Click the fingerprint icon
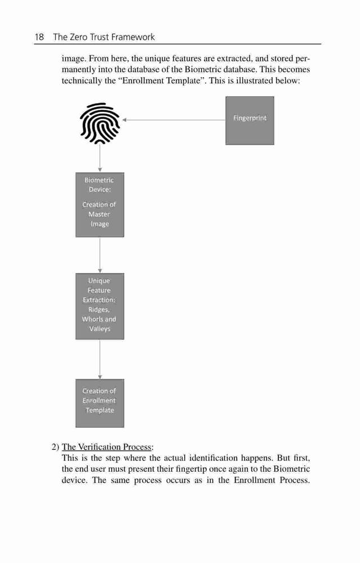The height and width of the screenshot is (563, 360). coord(100,123)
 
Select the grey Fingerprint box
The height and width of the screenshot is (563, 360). coord(250,120)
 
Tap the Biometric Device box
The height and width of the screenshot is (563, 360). coord(100,205)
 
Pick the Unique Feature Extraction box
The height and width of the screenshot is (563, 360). coord(100,306)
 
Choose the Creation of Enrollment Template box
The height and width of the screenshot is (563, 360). coord(100,403)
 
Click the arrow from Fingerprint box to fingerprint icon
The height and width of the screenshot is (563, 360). coord(174,120)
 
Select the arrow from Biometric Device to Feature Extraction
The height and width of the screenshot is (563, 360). coord(100,255)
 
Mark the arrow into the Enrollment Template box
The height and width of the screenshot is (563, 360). coord(100,359)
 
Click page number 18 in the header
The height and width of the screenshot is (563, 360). coord(39,37)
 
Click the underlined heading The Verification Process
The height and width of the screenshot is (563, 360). coord(106,447)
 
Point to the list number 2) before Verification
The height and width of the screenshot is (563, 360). coord(55,447)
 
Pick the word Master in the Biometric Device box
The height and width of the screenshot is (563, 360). coord(99,215)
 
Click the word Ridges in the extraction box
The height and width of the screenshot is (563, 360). coord(99,310)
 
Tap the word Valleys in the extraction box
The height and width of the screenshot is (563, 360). coord(100,329)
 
